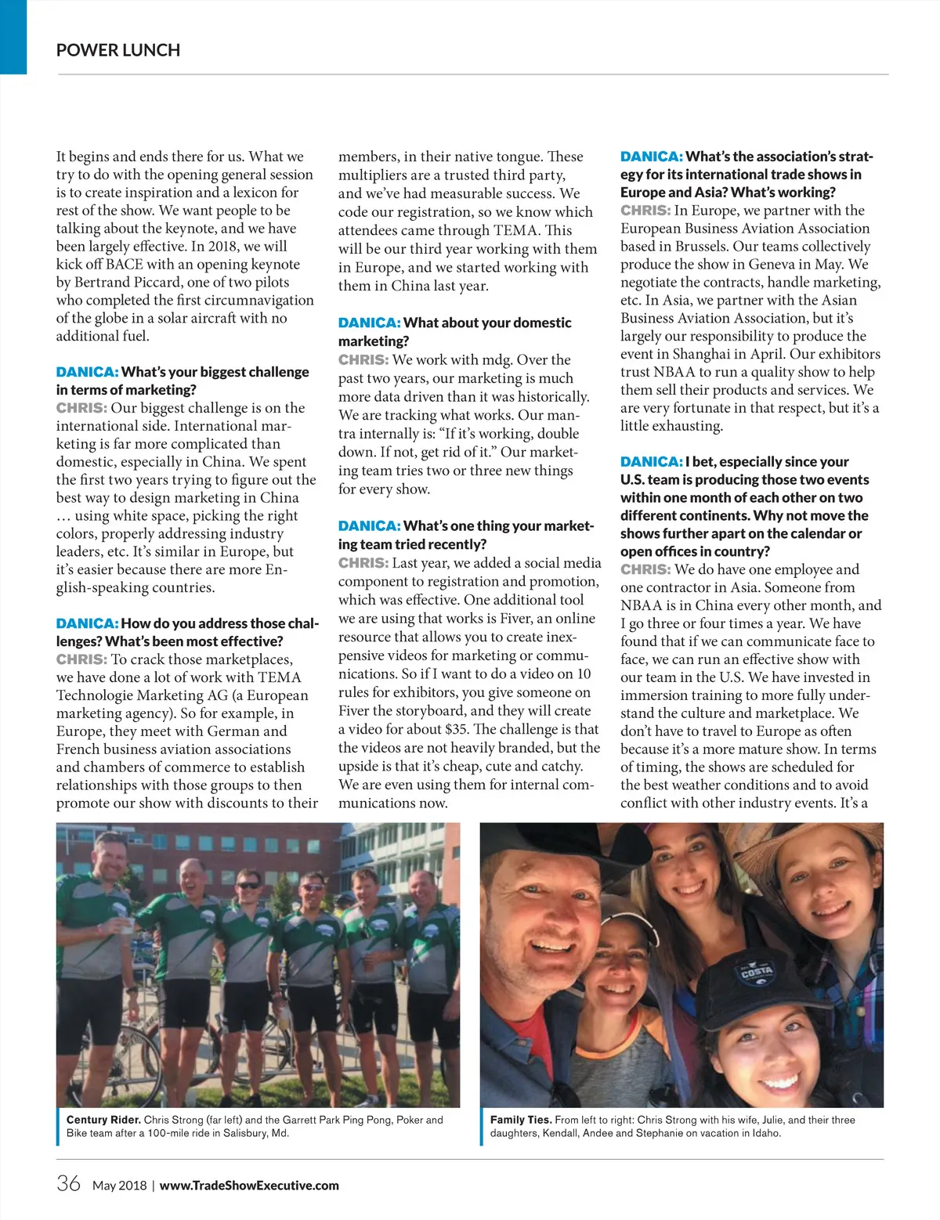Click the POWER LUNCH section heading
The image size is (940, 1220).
(118, 50)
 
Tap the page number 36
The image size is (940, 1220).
(68, 1183)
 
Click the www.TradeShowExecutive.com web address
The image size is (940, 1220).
(249, 1186)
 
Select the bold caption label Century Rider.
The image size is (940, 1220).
(103, 1120)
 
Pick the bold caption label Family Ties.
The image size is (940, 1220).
(521, 1120)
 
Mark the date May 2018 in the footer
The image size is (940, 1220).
(119, 1186)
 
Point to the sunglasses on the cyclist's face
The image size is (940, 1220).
(249, 886)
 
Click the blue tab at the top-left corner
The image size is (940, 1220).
(13, 37)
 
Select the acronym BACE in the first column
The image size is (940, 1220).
(125, 264)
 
